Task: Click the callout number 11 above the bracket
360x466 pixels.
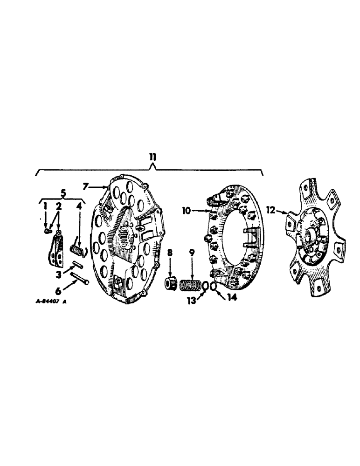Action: (153, 157)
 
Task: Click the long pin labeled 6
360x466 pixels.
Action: (80, 281)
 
